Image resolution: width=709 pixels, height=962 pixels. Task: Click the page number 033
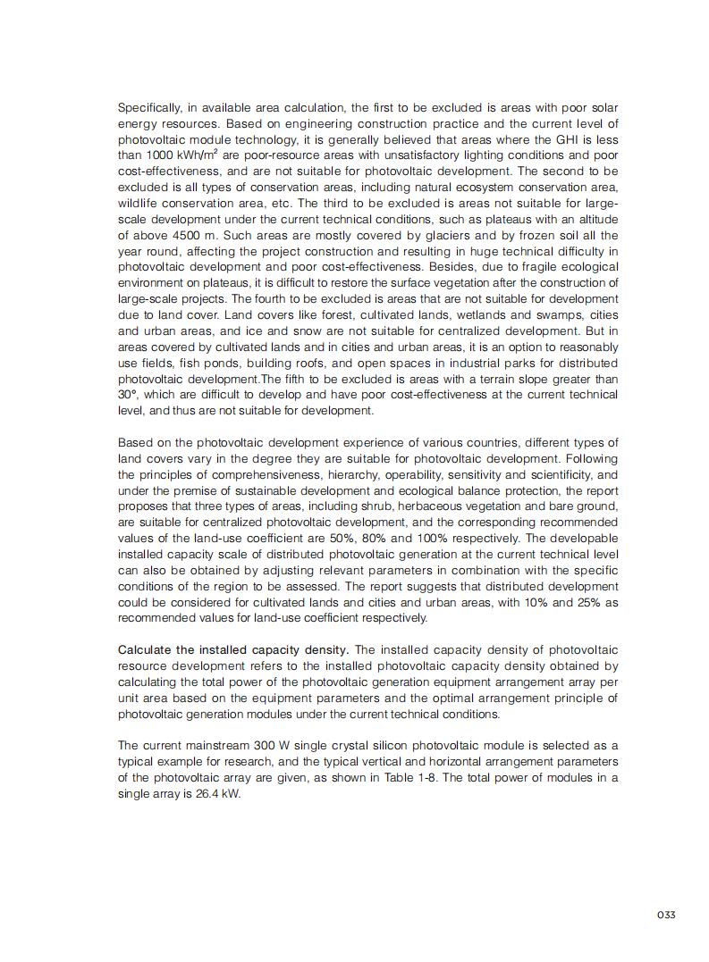[666, 915]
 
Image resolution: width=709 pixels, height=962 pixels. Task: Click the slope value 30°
[128, 395]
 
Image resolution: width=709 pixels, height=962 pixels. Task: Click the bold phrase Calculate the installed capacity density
[233, 649]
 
